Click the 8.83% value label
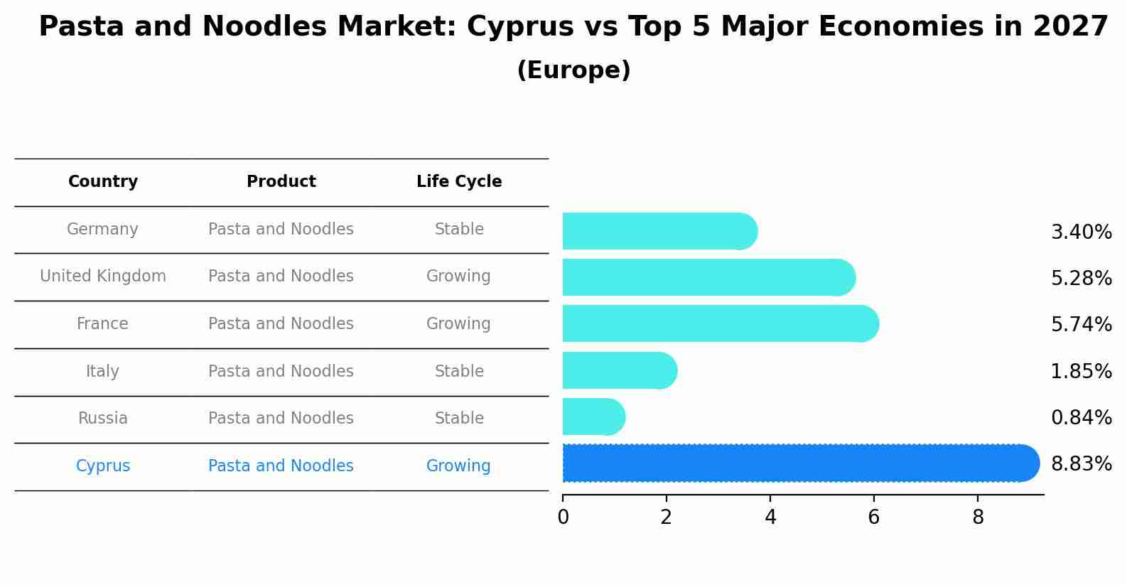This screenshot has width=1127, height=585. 1081,464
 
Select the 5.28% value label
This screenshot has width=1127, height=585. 1081,279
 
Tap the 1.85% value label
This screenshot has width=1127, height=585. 1081,372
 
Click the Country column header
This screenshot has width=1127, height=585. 103,182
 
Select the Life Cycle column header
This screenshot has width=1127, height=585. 459,182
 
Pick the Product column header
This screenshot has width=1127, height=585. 281,182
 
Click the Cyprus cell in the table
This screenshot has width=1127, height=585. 103,466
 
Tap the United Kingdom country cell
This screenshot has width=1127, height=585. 103,277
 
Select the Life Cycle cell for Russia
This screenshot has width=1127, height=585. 459,419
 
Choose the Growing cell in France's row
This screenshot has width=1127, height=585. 458,324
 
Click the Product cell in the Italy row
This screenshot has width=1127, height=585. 281,372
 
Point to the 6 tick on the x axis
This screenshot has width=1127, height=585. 874,517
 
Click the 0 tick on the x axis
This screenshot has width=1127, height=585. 563,517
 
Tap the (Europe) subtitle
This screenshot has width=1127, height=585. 573,70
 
